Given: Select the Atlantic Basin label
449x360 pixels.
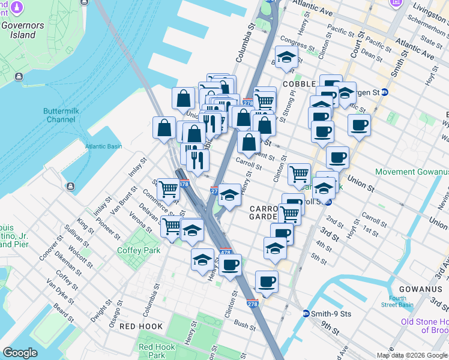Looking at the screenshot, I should (x=103, y=146).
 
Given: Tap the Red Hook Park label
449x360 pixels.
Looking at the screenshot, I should (x=157, y=351).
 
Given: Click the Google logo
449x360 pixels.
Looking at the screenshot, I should (x=20, y=353).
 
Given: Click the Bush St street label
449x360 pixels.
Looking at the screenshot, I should (x=244, y=326).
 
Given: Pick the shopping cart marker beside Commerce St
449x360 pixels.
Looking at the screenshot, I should (x=168, y=189).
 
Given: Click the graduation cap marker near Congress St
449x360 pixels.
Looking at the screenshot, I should (x=286, y=58).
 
